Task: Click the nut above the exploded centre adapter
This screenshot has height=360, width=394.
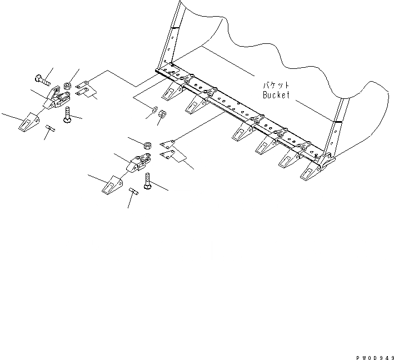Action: [148, 147]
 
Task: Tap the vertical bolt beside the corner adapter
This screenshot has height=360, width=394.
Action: [67, 116]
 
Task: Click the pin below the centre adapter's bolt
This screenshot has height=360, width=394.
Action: [134, 192]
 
